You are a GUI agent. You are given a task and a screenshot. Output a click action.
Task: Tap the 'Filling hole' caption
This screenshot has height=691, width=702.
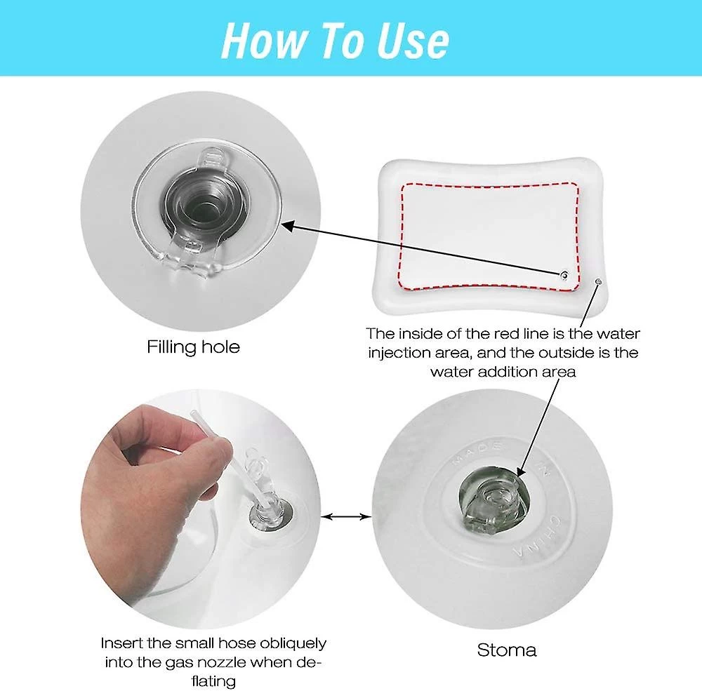tap(194, 347)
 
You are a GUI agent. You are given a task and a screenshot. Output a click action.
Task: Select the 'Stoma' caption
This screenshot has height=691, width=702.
tap(506, 650)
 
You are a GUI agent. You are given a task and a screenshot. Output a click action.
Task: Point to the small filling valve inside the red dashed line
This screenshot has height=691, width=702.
tap(564, 275)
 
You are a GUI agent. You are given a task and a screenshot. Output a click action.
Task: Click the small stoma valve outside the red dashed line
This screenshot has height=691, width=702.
tap(599, 281)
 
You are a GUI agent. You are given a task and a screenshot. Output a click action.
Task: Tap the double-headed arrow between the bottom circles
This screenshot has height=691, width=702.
tap(347, 517)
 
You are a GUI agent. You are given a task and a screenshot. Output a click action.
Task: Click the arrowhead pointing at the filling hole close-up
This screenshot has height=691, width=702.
tap(286, 226)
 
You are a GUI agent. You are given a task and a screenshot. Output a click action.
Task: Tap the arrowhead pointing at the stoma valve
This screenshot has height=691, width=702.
tap(522, 471)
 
